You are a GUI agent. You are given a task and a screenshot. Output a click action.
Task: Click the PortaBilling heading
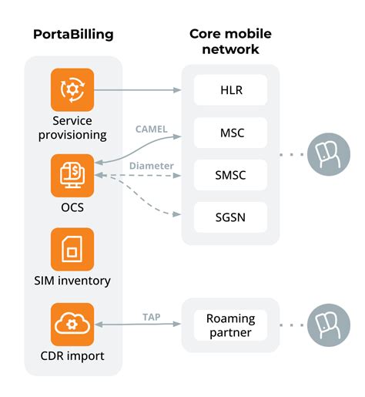click(73, 35)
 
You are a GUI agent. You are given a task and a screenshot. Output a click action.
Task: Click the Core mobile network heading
click(230, 42)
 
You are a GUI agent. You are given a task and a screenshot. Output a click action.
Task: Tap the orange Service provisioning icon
click(72, 90)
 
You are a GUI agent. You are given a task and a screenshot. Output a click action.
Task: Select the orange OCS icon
click(72, 176)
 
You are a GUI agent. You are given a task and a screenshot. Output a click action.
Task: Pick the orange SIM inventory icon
click(72, 249)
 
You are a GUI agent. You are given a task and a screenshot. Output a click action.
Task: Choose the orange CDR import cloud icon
click(72, 325)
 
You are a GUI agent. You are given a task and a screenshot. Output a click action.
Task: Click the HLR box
click(230, 90)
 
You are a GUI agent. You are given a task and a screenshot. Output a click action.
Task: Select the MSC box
click(230, 133)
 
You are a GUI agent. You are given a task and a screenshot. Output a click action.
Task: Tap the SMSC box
click(230, 175)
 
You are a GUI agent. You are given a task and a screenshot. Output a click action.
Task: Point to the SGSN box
click(230, 217)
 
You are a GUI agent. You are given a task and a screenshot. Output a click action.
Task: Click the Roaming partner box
click(230, 325)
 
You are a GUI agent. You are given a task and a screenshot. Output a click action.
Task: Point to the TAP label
click(152, 316)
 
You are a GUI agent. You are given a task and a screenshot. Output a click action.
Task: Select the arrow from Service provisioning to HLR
click(139, 90)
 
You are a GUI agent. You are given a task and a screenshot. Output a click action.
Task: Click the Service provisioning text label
click(72, 127)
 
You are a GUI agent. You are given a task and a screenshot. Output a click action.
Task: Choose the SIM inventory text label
click(72, 281)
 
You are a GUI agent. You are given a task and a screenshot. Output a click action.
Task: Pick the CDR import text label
click(72, 356)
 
